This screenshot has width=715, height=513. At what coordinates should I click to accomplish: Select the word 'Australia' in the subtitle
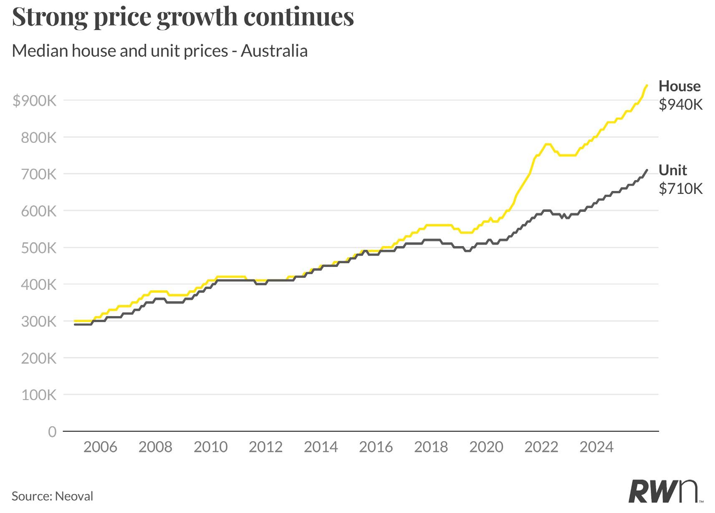click(274, 51)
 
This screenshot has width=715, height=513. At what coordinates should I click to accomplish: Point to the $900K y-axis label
click(34, 101)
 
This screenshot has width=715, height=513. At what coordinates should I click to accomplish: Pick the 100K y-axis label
click(38, 395)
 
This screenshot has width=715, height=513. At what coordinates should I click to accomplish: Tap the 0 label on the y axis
click(52, 432)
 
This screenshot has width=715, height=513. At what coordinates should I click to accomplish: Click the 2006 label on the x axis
click(100, 447)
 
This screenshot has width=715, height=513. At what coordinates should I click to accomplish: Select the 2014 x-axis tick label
click(321, 447)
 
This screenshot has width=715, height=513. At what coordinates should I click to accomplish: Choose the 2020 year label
click(486, 447)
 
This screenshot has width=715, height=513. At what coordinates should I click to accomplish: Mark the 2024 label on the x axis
click(596, 447)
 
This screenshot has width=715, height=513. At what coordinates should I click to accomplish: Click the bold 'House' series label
click(680, 86)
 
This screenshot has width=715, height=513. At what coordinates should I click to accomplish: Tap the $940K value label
click(681, 105)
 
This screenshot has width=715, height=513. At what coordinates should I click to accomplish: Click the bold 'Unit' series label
click(672, 170)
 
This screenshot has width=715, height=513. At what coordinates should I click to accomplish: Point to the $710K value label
click(681, 189)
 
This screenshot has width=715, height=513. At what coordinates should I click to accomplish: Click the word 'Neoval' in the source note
click(74, 496)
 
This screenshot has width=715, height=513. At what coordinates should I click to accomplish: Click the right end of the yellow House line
click(647, 85)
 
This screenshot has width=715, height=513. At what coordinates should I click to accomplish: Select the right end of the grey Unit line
click(647, 170)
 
